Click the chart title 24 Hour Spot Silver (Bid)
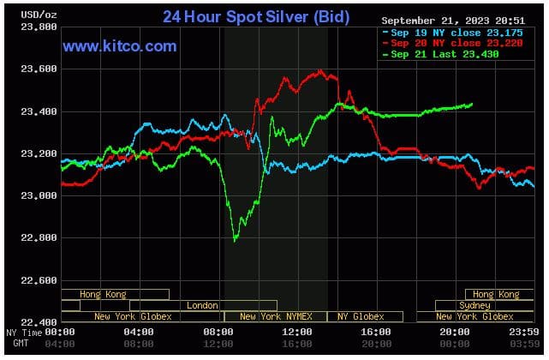[x=256, y=16]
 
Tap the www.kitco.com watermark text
[x=120, y=46]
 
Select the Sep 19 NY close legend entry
[x=443, y=33]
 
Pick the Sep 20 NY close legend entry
[x=443, y=43]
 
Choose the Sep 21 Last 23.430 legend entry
[x=439, y=54]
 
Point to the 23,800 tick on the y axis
[x=36, y=27]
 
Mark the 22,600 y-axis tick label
[x=36, y=280]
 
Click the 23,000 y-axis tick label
[x=36, y=196]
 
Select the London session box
[x=203, y=305]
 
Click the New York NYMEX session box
[x=274, y=316]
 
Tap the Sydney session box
[x=475, y=305]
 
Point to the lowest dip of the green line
[x=236, y=240]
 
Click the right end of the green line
[x=472, y=105]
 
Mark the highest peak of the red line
[x=320, y=70]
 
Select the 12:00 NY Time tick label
[x=296, y=331]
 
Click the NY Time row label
[x=23, y=331]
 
